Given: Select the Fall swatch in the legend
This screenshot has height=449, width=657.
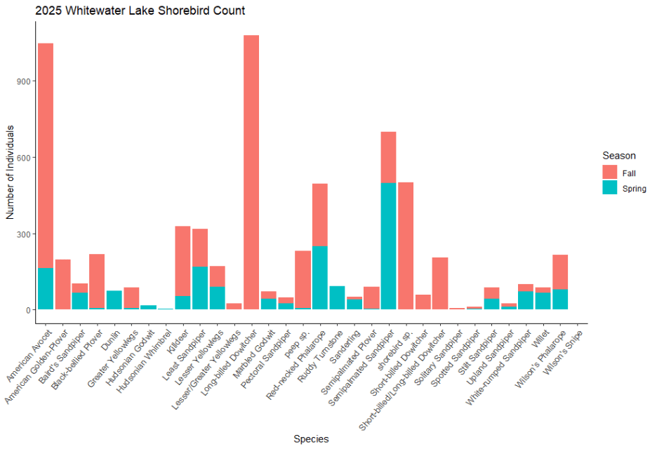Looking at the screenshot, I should [609, 172].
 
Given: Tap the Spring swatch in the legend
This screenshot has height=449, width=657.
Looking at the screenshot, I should [609, 188].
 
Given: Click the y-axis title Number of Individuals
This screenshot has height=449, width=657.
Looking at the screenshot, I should [11, 172].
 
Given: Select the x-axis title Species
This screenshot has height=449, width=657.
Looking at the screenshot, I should [311, 439].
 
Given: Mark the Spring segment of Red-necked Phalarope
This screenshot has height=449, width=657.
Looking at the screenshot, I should [320, 278].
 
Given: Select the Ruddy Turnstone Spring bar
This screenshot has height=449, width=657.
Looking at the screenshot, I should [337, 298].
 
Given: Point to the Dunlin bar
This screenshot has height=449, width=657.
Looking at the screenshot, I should [114, 300].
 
